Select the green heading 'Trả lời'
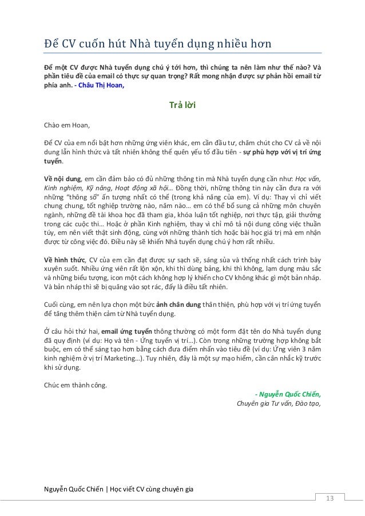(182, 105)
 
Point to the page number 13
(329, 498)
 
